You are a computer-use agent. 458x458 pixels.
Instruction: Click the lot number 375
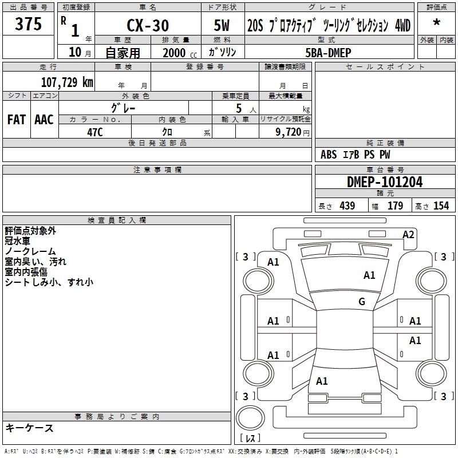(28, 23)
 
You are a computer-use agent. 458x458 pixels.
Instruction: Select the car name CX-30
(148, 25)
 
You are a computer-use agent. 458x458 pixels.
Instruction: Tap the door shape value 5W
(222, 25)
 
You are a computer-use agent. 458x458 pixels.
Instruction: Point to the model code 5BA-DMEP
(328, 53)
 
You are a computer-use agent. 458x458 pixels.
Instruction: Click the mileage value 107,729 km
(67, 82)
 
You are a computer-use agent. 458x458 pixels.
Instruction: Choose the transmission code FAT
(17, 120)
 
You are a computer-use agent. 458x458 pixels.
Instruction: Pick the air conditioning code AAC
(44, 120)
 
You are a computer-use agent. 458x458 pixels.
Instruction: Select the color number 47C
(95, 132)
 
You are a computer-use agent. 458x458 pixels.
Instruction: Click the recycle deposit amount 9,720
(289, 132)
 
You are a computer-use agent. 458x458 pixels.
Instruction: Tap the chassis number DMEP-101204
(385, 182)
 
